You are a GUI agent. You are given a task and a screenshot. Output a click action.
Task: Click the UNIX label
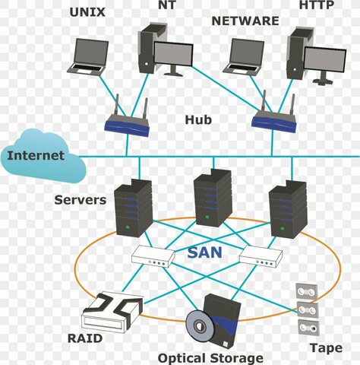pos(87,11)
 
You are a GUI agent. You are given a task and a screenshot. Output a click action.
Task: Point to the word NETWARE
pos(245,21)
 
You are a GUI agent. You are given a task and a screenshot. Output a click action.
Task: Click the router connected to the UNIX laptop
pos(127,123)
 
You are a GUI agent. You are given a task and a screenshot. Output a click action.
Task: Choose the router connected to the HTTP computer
pos(273,119)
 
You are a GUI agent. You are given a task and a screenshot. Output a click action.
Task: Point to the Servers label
pos(80,200)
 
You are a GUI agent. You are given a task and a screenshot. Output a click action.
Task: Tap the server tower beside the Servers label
pos(133,209)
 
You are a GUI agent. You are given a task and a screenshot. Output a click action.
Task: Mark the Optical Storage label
pos(210,357)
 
